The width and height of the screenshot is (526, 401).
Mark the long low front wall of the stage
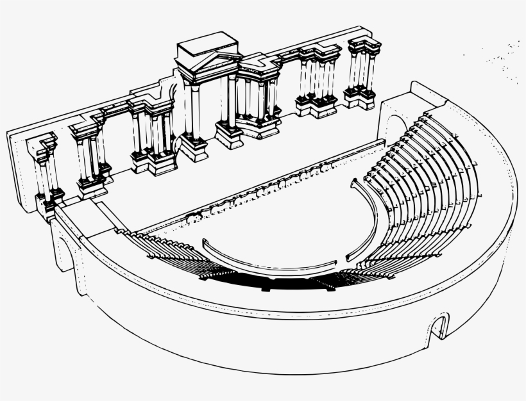coord(257,186)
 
